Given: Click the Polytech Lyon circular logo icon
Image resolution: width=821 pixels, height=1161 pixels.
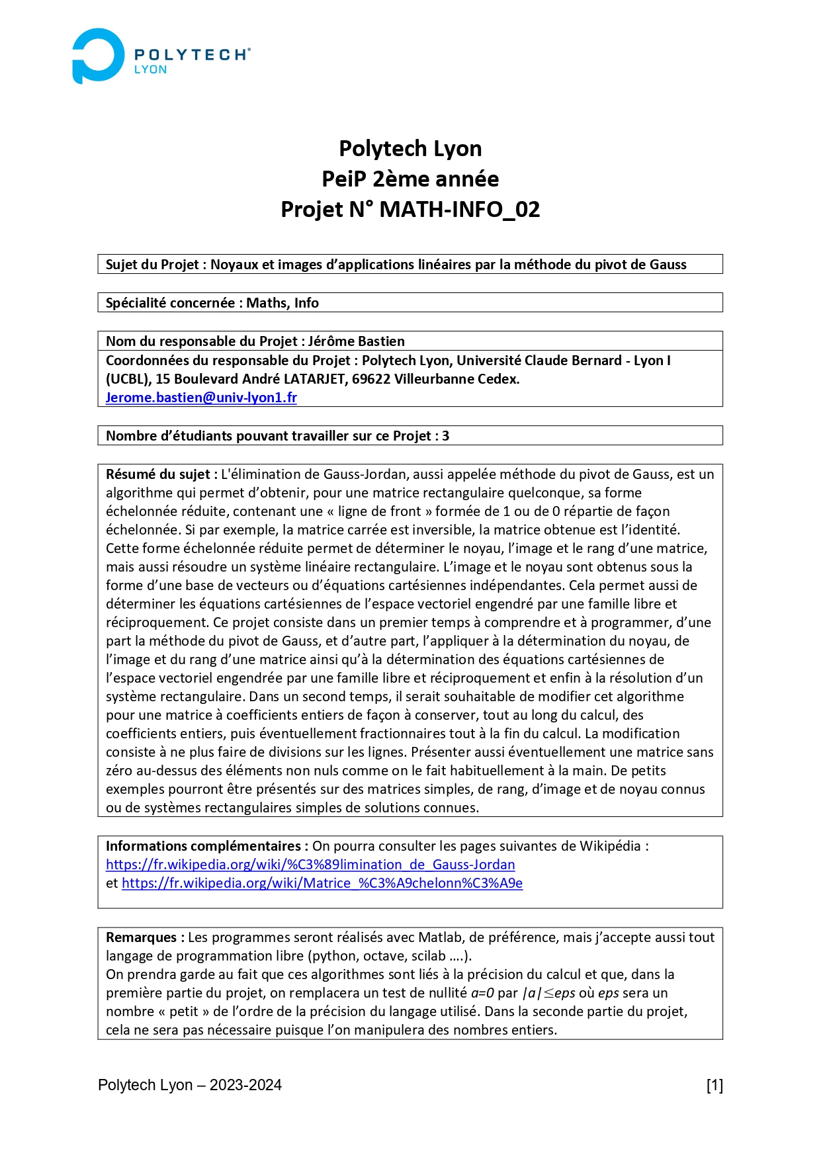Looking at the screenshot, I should coord(97,56).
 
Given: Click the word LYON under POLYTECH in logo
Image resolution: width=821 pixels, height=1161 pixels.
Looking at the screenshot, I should coord(150,69).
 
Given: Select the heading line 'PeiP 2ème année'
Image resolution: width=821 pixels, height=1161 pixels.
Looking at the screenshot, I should coord(410,179).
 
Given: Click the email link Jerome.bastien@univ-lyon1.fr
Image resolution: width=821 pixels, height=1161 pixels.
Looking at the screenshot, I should coord(201,398).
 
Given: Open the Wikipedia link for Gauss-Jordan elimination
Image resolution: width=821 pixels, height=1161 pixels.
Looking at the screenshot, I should coord(310,865).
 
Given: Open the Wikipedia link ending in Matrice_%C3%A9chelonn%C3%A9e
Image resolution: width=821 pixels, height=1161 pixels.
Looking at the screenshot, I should coord(322,883).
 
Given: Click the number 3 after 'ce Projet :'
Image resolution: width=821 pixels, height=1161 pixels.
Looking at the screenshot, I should coord(446,436).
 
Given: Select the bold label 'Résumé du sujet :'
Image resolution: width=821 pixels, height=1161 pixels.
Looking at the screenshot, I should coord(158,474).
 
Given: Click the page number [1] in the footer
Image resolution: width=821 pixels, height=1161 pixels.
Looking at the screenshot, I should coord(714,1085).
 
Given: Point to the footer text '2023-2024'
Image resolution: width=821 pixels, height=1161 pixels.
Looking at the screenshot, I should coord(245,1085).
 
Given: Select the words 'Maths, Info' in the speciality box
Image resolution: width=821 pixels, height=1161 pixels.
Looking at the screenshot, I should coord(282,303).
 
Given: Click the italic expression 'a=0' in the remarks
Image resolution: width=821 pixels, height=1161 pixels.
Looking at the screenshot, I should coord(482,993).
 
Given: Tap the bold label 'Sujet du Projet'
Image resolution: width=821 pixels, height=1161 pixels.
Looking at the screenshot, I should coord(152,265).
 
